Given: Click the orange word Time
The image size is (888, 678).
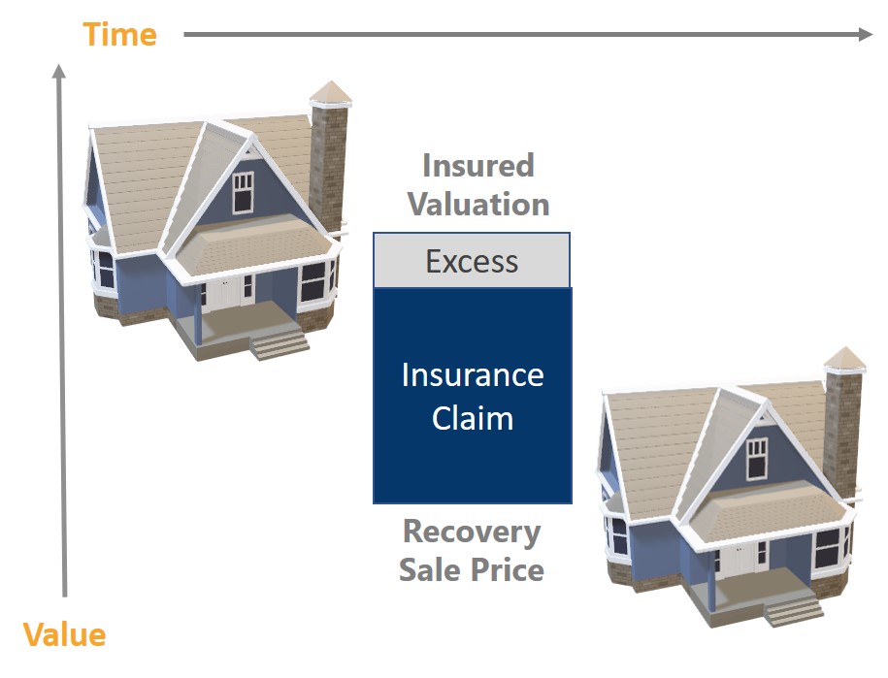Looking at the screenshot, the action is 119,35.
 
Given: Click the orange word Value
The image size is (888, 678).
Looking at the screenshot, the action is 64,635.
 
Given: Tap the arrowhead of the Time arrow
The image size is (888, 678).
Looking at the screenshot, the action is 866,34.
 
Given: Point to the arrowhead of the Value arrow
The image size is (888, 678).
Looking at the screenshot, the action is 58,72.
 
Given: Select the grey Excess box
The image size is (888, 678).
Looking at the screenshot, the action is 472,260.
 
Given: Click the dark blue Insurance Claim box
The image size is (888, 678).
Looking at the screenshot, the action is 473,396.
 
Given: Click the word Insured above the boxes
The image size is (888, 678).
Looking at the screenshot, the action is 478,166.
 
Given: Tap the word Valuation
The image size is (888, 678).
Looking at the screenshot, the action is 478,205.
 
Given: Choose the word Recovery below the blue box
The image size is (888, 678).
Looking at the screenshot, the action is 472,533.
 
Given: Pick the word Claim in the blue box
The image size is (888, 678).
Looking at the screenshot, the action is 473,419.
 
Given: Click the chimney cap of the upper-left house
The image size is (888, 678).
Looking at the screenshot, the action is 331,94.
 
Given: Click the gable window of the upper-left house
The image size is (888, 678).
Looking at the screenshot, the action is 243,192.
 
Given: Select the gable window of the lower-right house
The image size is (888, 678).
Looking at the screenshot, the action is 757,459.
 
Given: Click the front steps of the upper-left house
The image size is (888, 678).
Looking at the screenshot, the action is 280,344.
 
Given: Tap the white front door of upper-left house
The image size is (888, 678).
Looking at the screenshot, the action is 225,294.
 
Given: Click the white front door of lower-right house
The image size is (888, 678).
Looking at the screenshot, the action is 740,559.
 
